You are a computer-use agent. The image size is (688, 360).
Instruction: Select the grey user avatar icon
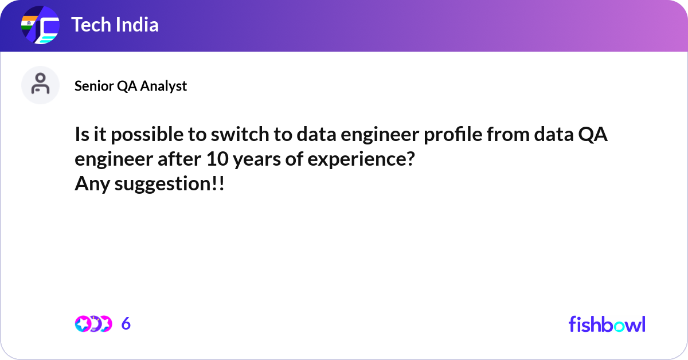(x=40, y=85)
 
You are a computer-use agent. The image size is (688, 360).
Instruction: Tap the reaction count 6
(x=126, y=324)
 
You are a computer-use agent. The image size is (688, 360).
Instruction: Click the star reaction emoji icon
(x=83, y=324)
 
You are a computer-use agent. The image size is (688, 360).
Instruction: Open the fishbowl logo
(x=607, y=324)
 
